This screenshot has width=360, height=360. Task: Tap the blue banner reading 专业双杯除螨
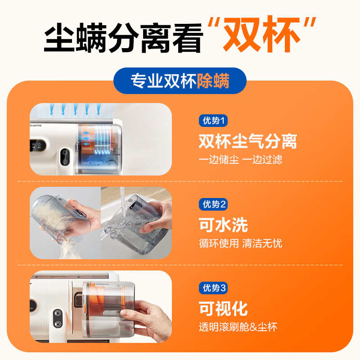tap(180, 81)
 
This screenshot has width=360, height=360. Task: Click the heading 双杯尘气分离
tap(247, 141)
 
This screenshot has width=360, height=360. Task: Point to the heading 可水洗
tap(223, 225)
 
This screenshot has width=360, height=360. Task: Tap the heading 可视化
tap(223, 309)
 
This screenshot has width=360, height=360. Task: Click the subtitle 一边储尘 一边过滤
tap(240, 160)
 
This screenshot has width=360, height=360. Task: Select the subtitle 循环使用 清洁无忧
tap(240, 243)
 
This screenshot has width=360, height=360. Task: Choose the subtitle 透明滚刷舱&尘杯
tap(238, 327)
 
